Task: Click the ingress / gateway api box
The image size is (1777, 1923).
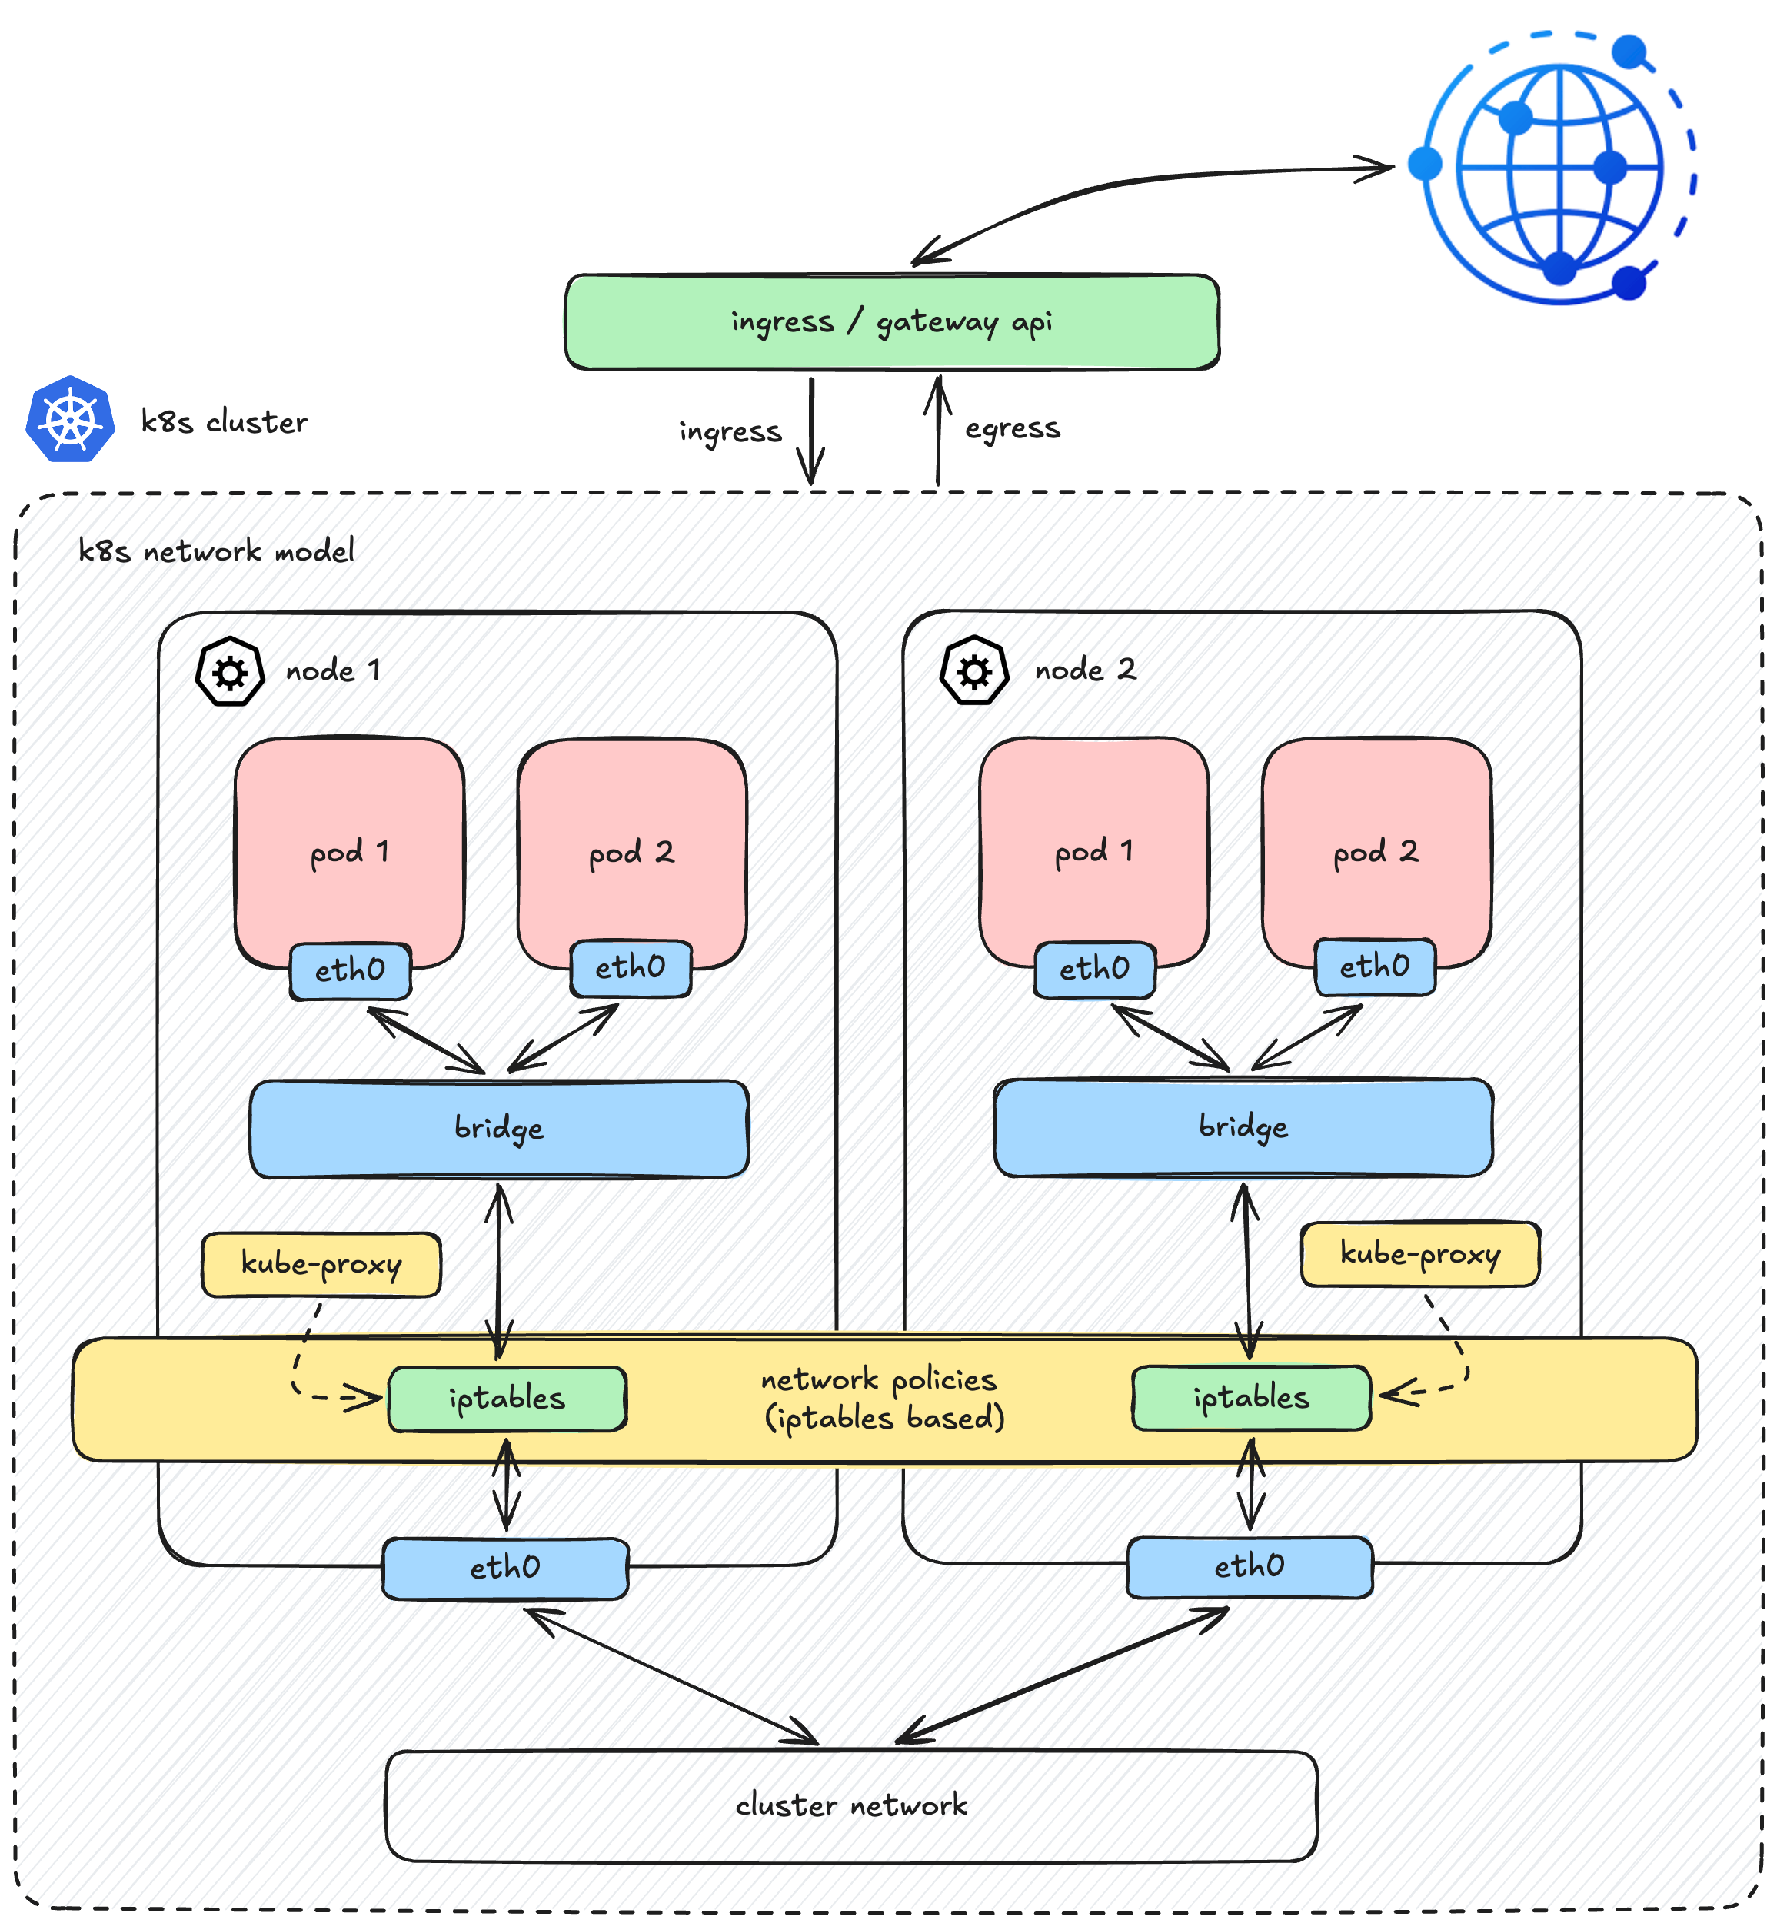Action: tap(891, 322)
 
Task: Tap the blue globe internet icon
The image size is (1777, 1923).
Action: tap(1558, 169)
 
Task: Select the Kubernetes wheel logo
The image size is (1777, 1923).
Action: tap(70, 420)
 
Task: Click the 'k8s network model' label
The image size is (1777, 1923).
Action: tap(215, 551)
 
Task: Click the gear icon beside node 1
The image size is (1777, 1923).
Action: tap(230, 672)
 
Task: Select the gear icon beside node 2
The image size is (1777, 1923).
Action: tap(974, 671)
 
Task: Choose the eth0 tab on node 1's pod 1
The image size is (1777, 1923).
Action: tap(350, 970)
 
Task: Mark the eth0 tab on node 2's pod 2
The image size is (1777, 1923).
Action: tap(1374, 966)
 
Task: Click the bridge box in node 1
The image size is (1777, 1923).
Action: tap(499, 1128)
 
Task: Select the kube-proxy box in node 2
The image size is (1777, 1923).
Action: tap(1419, 1254)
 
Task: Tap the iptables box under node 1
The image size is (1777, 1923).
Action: tap(507, 1398)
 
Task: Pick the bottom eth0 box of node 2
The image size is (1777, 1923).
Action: tap(1249, 1566)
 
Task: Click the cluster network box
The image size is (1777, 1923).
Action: tap(851, 1805)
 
